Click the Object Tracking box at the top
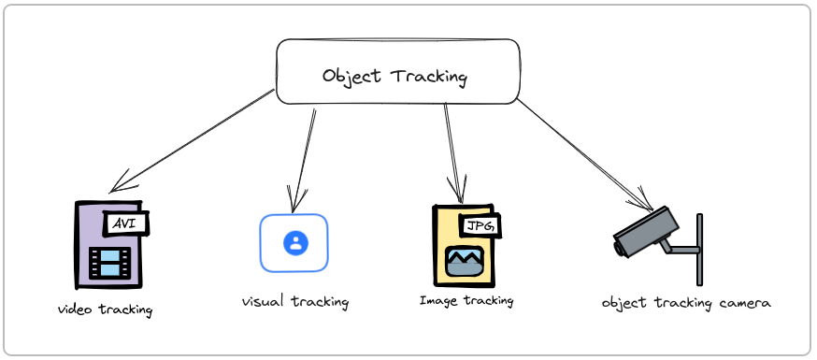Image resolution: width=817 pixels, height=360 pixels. (x=397, y=71)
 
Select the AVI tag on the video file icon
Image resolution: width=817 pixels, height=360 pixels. (x=128, y=223)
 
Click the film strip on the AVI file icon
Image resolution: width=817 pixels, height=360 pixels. (x=108, y=262)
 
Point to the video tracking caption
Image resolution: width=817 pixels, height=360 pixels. (x=105, y=309)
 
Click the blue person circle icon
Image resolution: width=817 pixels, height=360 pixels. (x=295, y=243)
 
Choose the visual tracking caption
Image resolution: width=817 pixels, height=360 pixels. (x=295, y=302)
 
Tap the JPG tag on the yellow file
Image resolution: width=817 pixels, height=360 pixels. (x=480, y=225)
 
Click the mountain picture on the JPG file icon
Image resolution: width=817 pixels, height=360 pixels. (x=465, y=261)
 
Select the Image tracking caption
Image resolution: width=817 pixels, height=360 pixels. (x=466, y=301)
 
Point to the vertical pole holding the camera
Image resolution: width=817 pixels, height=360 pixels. (x=700, y=249)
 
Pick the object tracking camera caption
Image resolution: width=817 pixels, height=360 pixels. (x=687, y=303)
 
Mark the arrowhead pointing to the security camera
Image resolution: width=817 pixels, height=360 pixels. (x=648, y=206)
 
